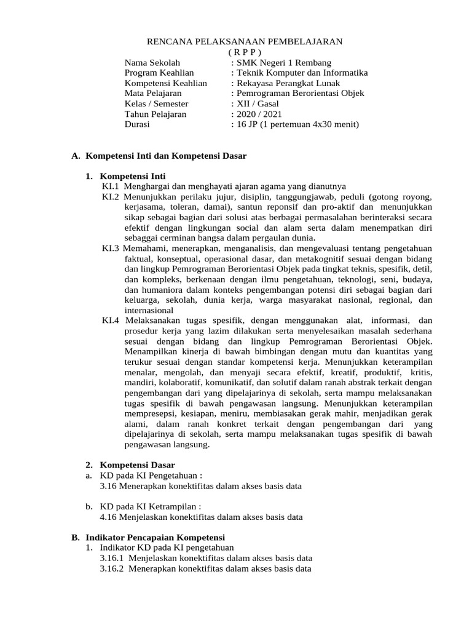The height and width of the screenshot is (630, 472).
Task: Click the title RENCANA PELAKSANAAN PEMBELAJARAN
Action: [243, 41]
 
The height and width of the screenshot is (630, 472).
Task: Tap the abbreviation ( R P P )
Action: [244, 52]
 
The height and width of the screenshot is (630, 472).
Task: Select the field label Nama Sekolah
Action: [152, 63]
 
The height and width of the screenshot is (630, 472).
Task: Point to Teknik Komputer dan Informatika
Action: [301, 73]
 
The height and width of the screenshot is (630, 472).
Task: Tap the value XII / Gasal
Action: [256, 104]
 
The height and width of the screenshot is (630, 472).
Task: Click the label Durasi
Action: [137, 124]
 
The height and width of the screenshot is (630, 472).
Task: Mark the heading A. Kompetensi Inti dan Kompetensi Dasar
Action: [159, 156]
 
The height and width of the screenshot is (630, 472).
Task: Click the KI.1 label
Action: [111, 186]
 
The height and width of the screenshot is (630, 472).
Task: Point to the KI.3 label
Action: [111, 249]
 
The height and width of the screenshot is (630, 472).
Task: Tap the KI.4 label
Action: [111, 321]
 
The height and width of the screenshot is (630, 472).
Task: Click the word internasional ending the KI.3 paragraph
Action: [149, 311]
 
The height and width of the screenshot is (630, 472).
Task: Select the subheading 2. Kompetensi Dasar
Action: [130, 465]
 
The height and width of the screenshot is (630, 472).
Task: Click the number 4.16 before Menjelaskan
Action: [108, 517]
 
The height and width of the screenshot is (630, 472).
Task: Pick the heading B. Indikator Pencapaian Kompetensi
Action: [149, 537]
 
